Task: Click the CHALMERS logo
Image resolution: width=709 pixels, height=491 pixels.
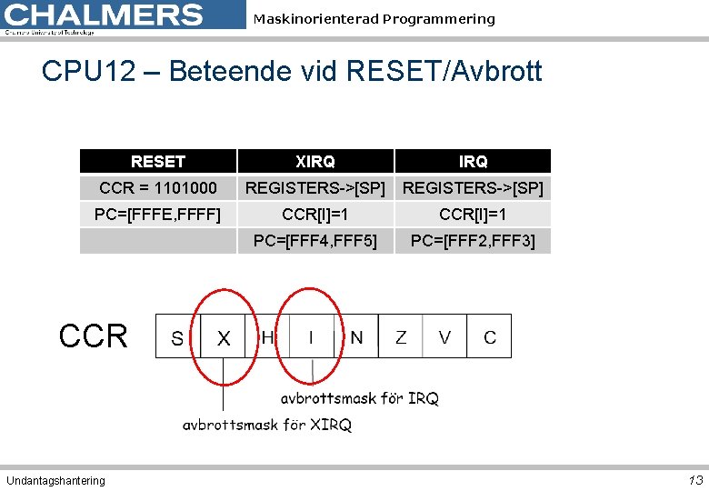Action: [x=105, y=16]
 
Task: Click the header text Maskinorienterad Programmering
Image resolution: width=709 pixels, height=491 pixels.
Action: [x=374, y=19]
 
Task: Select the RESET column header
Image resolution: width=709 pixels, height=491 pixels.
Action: [x=158, y=162]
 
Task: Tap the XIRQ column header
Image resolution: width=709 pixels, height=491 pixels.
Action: [x=315, y=162]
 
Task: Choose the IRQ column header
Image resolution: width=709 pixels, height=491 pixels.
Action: [x=473, y=162]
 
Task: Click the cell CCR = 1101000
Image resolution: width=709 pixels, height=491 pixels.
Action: [x=158, y=188]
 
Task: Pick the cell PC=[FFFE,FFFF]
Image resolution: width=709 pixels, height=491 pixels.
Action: [x=158, y=215]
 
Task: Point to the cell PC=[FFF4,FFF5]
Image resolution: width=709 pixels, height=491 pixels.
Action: [x=315, y=241]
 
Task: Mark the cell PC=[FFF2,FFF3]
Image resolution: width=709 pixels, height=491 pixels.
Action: [x=473, y=241]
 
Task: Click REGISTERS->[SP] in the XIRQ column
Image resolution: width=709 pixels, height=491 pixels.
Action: [x=315, y=188]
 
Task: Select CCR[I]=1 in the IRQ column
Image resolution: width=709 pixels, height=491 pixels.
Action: [x=473, y=215]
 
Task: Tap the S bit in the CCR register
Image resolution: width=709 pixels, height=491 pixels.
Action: [x=177, y=338]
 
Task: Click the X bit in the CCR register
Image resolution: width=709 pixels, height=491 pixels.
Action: [x=224, y=338]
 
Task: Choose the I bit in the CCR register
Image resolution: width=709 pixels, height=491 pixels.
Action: [x=311, y=337]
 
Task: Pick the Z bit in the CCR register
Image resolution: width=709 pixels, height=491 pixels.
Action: [x=401, y=337]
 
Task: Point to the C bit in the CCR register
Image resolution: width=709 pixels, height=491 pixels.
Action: [x=490, y=337]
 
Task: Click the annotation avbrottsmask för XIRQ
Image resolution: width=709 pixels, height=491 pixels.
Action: [x=266, y=425]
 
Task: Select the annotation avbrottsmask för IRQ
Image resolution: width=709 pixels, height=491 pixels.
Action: [x=359, y=398]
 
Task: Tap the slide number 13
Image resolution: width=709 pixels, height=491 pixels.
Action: [x=695, y=480]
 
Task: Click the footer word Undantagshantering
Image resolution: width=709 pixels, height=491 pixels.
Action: [x=55, y=480]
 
